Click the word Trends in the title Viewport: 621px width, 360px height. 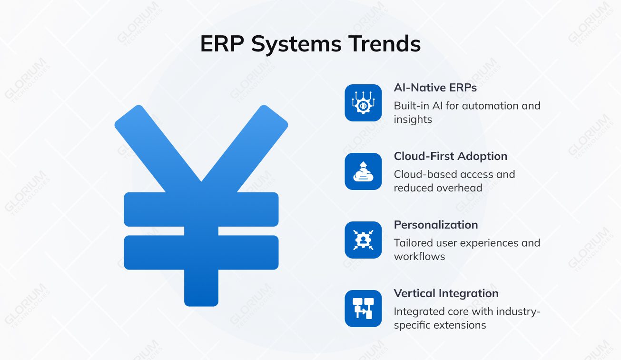(384, 44)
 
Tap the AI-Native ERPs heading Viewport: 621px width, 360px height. (435, 88)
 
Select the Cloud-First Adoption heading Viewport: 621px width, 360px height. (450, 156)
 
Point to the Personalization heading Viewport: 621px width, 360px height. (435, 225)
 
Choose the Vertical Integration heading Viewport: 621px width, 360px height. (446, 293)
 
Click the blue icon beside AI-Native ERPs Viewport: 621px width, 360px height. (363, 103)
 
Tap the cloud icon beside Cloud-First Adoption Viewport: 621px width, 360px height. (363, 171)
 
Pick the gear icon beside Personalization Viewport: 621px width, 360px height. (363, 240)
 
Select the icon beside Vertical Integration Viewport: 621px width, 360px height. (363, 309)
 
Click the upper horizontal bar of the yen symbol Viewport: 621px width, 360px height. (201, 209)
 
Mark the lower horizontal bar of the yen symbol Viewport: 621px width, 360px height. (201, 252)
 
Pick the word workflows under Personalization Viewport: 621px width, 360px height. (419, 257)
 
